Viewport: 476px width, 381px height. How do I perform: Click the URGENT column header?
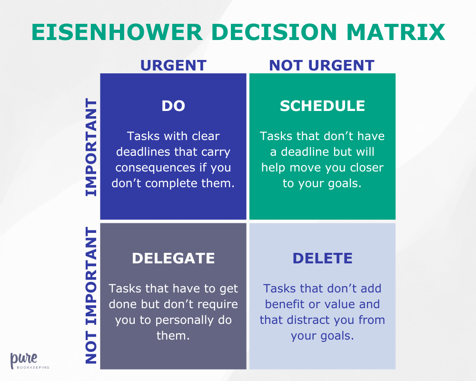tap(173, 65)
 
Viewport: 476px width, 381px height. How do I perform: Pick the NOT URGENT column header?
tap(322, 65)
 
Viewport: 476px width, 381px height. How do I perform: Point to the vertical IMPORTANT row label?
tap(91, 147)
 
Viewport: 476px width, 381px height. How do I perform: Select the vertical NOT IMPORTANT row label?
tap(91, 296)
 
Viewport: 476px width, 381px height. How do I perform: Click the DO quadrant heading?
tap(173, 106)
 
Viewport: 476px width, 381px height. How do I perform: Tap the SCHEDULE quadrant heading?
tap(322, 106)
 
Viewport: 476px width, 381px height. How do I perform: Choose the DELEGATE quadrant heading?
tap(173, 258)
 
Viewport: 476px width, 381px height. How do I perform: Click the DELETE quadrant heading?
tap(322, 258)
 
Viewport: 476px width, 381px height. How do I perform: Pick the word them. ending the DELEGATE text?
tap(173, 335)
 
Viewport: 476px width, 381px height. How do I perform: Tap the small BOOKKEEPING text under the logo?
tap(30, 368)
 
